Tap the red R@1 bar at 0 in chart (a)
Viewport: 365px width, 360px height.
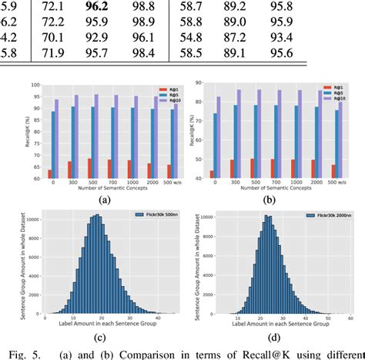[x=50, y=174]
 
